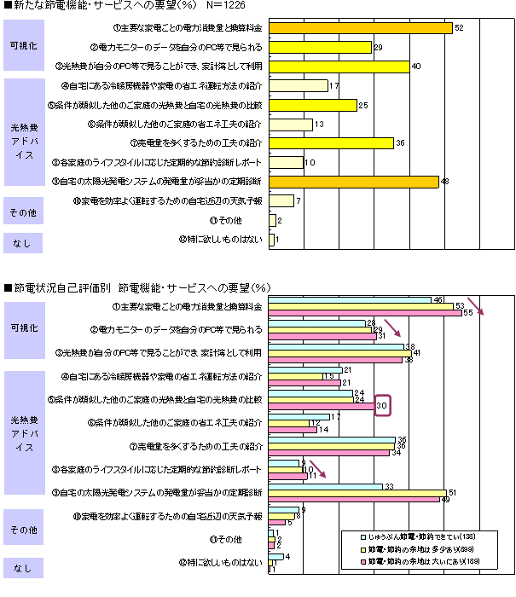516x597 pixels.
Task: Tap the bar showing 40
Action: tap(339, 67)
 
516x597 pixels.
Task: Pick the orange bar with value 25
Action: tap(312, 105)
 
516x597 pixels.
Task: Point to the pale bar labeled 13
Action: tap(291, 124)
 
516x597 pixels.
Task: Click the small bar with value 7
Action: tap(281, 200)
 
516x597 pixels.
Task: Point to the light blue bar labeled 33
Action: tap(325, 485)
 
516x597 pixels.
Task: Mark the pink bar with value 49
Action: tap(354, 499)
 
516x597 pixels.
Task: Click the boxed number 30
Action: tap(383, 407)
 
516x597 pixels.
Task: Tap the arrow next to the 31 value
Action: tap(391, 328)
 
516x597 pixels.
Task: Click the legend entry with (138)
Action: tap(413, 536)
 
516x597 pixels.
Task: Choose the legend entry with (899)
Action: tap(413, 548)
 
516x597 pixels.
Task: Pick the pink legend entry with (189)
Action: tap(413, 560)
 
